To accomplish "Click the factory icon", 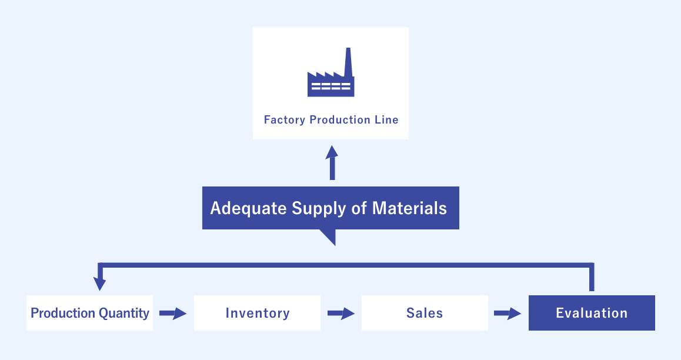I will [331, 76].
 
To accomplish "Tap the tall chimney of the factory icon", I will [348, 61].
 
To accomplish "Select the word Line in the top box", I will [386, 120].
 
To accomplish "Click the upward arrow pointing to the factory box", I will [332, 163].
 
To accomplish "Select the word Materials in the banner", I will [409, 208].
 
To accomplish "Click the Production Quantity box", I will [89, 313].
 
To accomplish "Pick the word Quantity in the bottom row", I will [124, 313].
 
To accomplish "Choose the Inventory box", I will [257, 313].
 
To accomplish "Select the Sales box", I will [425, 313].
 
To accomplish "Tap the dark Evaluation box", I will [592, 313].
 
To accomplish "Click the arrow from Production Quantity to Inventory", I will [173, 314].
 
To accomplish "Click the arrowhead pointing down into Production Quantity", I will [100, 285].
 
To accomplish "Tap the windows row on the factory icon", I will [331, 87].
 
